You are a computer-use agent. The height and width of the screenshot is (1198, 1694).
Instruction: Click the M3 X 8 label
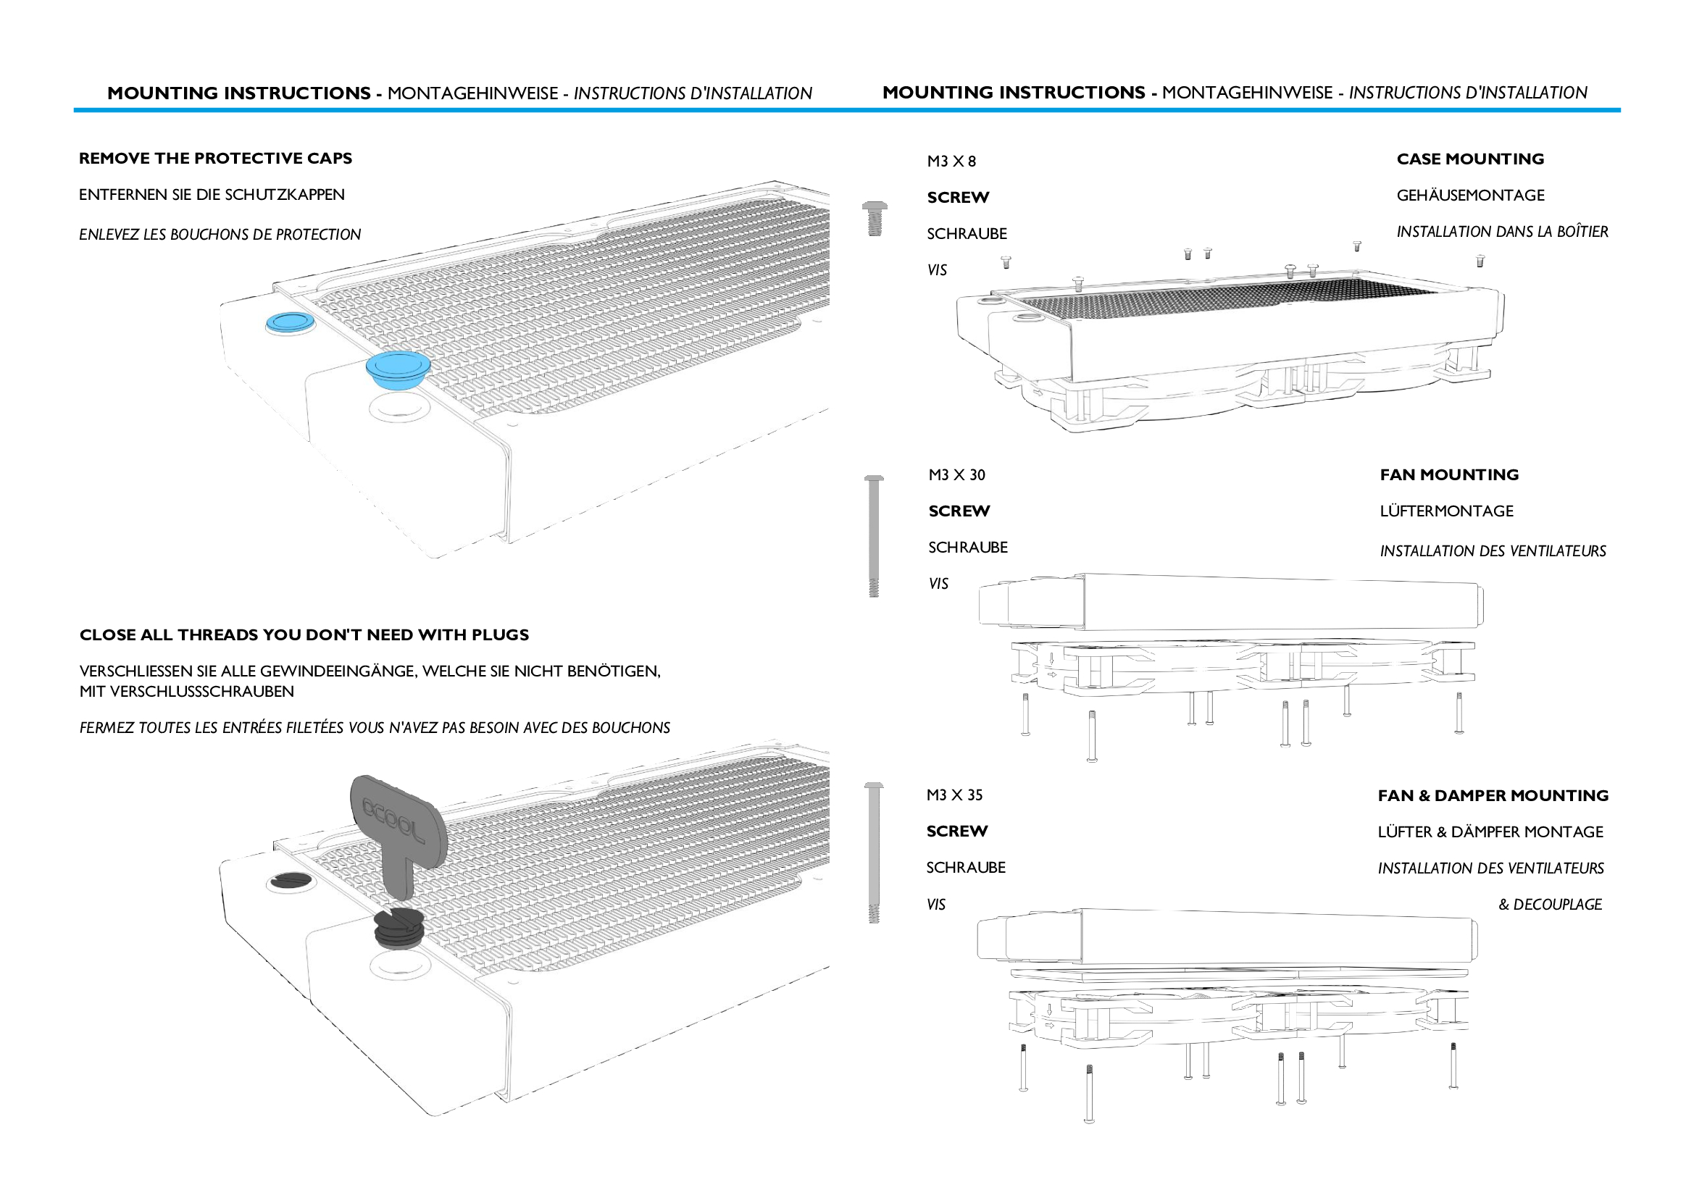pyautogui.click(x=951, y=162)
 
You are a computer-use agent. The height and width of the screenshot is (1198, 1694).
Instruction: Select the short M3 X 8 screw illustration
pyautogui.click(x=875, y=218)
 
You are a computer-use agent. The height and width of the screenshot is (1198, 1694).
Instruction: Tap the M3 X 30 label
pyautogui.click(x=956, y=475)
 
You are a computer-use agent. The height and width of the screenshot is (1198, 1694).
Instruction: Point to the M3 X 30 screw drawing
pyautogui.click(x=874, y=535)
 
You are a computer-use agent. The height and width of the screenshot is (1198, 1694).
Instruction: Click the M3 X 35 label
pyautogui.click(x=954, y=795)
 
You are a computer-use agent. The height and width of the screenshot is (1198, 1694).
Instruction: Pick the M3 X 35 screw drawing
pyautogui.click(x=874, y=852)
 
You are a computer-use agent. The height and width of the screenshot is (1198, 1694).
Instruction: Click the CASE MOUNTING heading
pyautogui.click(x=1469, y=159)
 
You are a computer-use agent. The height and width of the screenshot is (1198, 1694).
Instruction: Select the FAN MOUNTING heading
pyautogui.click(x=1449, y=475)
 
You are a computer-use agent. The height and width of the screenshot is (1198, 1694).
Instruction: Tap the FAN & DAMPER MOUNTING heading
pyautogui.click(x=1493, y=796)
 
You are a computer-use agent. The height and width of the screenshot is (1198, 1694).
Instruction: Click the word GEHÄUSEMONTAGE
pyautogui.click(x=1469, y=196)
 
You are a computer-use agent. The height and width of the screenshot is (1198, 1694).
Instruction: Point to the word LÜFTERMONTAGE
pyautogui.click(x=1446, y=511)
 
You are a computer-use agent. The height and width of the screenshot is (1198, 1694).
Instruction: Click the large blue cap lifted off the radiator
pyautogui.click(x=398, y=369)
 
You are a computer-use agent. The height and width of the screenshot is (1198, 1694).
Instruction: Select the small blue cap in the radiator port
pyautogui.click(x=288, y=322)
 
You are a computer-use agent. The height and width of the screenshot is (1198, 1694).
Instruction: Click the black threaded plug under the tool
pyautogui.click(x=399, y=929)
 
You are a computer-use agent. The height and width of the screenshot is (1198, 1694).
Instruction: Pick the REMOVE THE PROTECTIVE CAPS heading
pyautogui.click(x=215, y=159)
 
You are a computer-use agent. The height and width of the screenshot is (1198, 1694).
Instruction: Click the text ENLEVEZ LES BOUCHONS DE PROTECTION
pyautogui.click(x=220, y=235)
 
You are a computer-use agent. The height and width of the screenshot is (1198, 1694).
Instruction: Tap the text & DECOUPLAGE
pyautogui.click(x=1549, y=905)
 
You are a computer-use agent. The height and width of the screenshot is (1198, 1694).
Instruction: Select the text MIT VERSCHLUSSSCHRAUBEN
pyautogui.click(x=187, y=692)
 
